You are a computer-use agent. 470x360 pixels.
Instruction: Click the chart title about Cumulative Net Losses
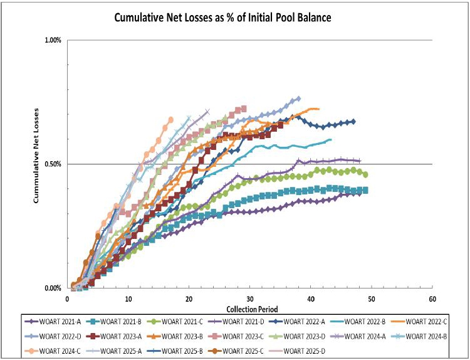[x=222, y=18]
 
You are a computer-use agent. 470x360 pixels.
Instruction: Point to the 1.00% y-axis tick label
[x=52, y=41]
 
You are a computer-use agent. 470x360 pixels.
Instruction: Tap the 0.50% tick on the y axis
[x=52, y=164]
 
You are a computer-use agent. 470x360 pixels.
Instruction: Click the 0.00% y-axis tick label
[x=52, y=289]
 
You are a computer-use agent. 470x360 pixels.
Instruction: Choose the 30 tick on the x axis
[x=250, y=298]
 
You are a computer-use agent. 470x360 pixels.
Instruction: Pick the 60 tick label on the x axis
[x=432, y=298]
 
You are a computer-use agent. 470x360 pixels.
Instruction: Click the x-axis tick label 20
[x=189, y=298]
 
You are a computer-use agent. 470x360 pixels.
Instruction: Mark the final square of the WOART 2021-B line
[x=365, y=190]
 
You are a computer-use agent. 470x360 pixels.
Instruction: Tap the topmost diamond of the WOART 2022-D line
[x=298, y=98]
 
